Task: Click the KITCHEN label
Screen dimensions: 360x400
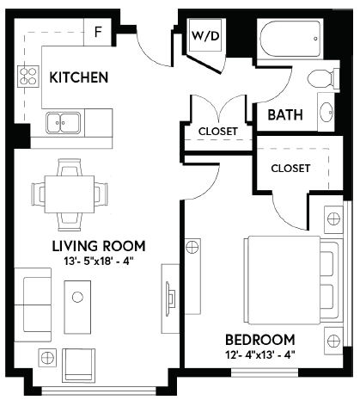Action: tap(79, 77)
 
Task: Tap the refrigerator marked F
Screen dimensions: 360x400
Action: tap(98, 32)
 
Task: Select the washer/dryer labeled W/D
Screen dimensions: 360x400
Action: tap(205, 35)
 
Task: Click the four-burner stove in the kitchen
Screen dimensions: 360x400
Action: tap(28, 77)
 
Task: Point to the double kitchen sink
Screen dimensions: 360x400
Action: tap(64, 123)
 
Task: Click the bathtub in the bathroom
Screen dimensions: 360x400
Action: tap(290, 39)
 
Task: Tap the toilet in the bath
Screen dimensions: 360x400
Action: tap(324, 78)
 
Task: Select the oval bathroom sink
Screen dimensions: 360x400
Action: tap(326, 112)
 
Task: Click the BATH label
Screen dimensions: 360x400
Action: tap(285, 115)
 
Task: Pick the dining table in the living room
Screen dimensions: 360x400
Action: tap(70, 194)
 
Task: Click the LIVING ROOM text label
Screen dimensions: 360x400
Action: tap(99, 246)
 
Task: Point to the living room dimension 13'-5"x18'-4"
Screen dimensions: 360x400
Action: tap(99, 262)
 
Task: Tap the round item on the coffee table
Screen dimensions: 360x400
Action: tap(77, 297)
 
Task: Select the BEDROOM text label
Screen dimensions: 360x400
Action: tap(260, 340)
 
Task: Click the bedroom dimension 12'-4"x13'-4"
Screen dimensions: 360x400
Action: tap(260, 355)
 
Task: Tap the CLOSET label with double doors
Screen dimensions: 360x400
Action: tap(218, 132)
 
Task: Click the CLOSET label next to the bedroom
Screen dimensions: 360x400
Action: tap(290, 169)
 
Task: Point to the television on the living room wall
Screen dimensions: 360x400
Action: tap(171, 298)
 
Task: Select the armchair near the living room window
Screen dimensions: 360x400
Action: tap(79, 366)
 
